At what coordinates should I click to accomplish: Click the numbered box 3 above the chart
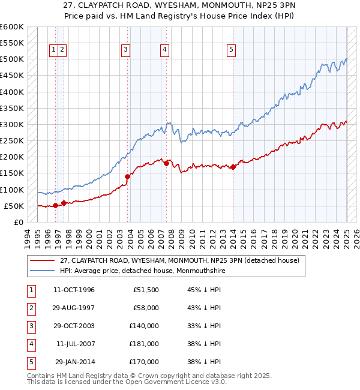126,50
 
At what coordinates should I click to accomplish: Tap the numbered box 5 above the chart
231,50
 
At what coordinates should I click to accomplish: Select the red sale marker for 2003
127,176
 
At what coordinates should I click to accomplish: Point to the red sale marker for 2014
233,167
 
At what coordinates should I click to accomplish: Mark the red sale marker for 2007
166,163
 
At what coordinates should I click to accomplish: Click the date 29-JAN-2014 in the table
74,362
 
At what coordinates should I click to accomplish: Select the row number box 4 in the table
31,344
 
